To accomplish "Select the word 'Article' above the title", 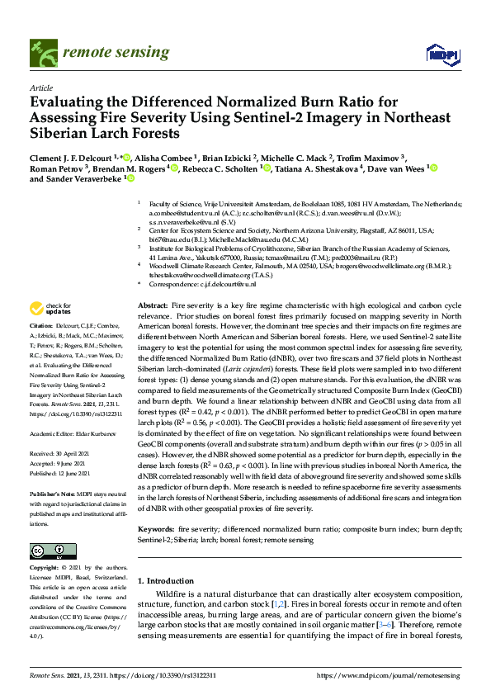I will tap(41, 87).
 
